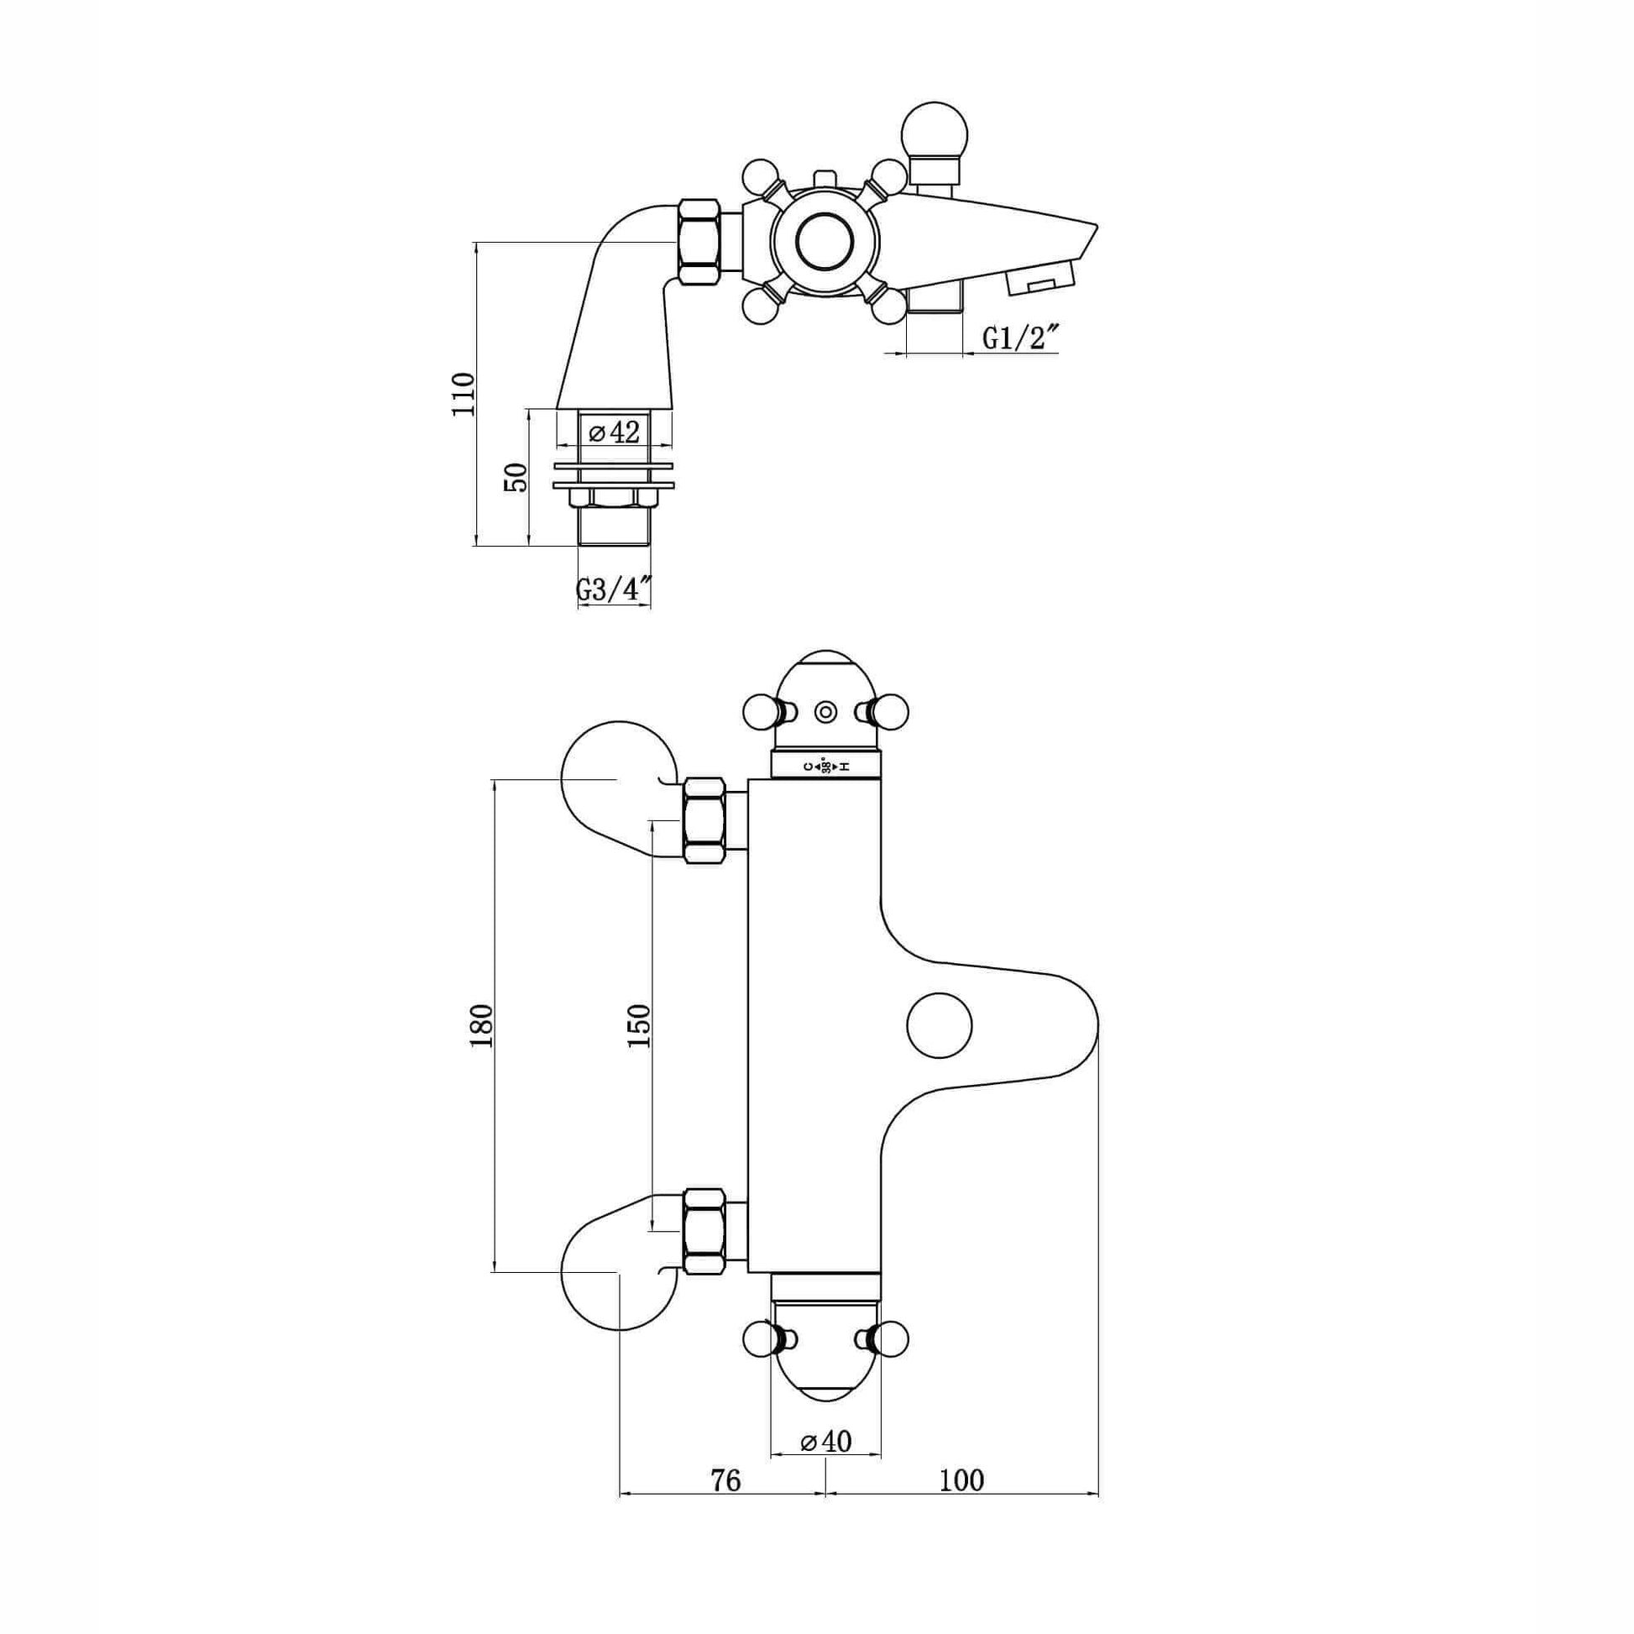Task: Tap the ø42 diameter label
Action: [x=615, y=432]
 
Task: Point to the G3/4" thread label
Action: [x=614, y=589]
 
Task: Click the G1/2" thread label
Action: [x=1021, y=338]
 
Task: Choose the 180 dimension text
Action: [x=480, y=1026]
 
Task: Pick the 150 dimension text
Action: [x=639, y=1026]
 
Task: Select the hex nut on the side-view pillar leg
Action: [x=700, y=242]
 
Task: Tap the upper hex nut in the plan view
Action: [x=704, y=820]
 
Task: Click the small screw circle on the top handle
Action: [x=826, y=713]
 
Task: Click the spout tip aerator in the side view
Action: [x=1040, y=278]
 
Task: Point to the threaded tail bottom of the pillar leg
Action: [x=614, y=526]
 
